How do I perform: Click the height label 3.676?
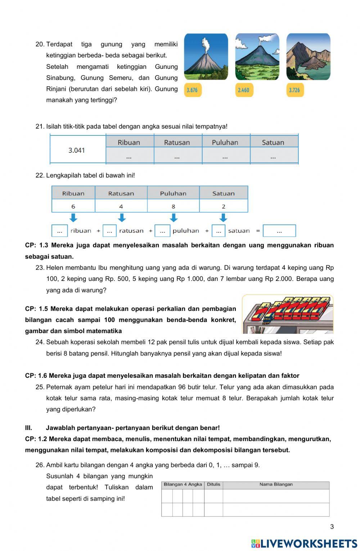(x=192, y=90)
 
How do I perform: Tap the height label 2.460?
(x=243, y=90)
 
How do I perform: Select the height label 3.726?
(x=294, y=90)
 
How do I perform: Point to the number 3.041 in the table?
(x=77, y=150)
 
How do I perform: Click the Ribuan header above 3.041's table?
(x=129, y=142)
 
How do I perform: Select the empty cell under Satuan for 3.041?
(x=273, y=157)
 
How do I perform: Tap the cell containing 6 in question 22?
(x=73, y=206)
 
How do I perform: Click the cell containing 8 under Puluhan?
(x=173, y=206)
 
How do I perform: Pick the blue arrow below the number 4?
(x=122, y=218)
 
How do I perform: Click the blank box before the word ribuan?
(x=60, y=231)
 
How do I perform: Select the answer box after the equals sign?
(x=279, y=231)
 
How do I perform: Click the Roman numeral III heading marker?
(x=29, y=428)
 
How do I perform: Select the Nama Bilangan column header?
(x=276, y=484)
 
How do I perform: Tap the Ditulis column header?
(x=213, y=484)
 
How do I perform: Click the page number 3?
(x=332, y=527)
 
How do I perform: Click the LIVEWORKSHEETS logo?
(x=304, y=543)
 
